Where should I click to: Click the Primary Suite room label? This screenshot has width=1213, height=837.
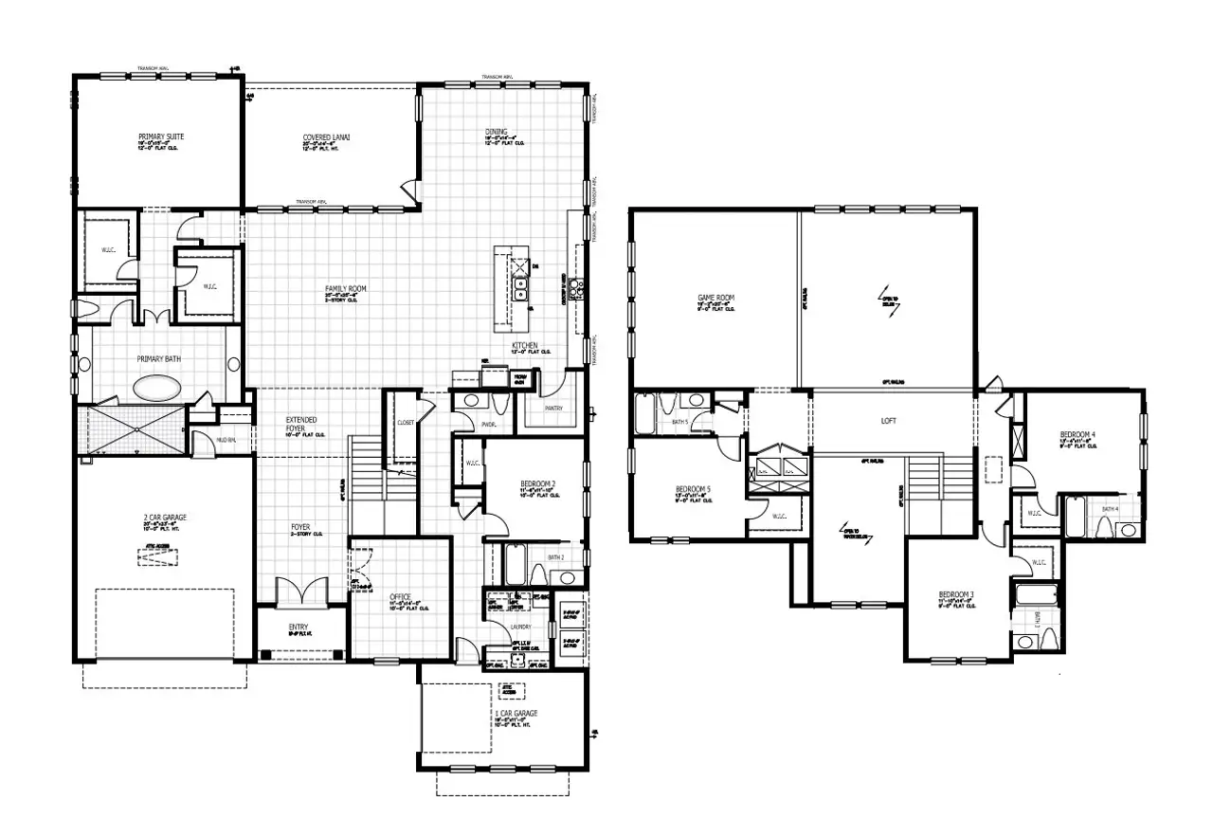click(161, 137)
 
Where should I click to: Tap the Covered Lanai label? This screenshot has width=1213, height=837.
click(327, 138)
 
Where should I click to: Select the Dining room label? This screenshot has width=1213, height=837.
click(496, 133)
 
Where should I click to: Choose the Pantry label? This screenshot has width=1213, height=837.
click(552, 409)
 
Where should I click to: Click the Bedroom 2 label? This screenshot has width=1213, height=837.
click(537, 484)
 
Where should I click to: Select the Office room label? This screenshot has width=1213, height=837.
click(401, 597)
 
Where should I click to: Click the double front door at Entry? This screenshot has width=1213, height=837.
click(301, 592)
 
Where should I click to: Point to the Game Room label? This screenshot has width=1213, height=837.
click(715, 298)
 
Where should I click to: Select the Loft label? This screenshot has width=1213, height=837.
click(887, 421)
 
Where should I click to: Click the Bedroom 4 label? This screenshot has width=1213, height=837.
click(1077, 435)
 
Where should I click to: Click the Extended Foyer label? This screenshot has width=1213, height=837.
click(301, 424)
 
